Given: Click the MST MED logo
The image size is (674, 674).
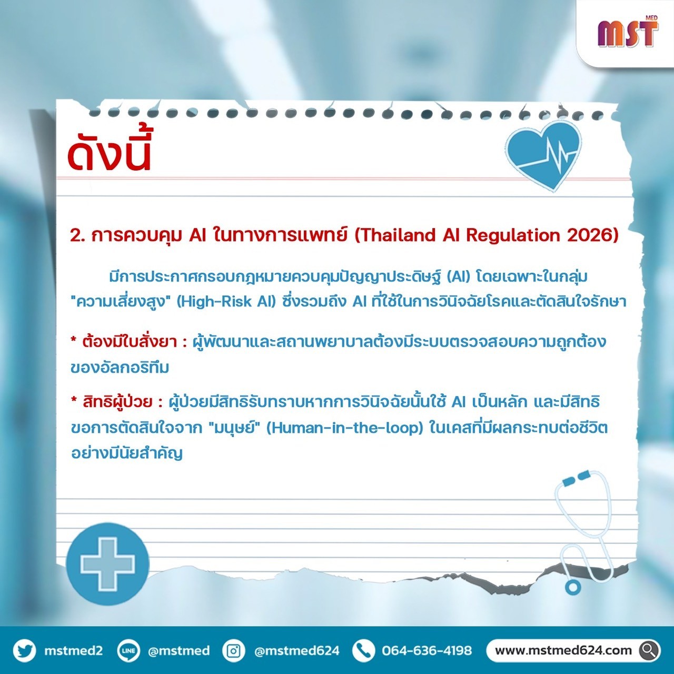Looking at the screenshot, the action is tap(628, 33).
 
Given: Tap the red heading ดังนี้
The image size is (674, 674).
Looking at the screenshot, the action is tap(109, 153).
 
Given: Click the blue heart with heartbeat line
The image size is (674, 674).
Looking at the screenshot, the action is tap(544, 154).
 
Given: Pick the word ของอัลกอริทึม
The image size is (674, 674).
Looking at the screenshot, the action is tap(120, 368).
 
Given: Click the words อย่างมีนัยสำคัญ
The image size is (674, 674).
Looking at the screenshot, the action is tap(127, 454).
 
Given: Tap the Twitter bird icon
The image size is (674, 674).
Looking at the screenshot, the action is tap(24, 650).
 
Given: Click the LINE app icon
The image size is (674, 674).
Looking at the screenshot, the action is tap(128, 650).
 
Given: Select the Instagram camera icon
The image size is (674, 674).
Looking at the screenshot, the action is tap(233, 650).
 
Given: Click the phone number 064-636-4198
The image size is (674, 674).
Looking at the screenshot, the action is tap(427, 650).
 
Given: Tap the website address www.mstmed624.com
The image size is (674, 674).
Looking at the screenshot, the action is tap(563, 650).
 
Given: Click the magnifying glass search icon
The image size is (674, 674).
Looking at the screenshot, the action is tap(648, 650).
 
